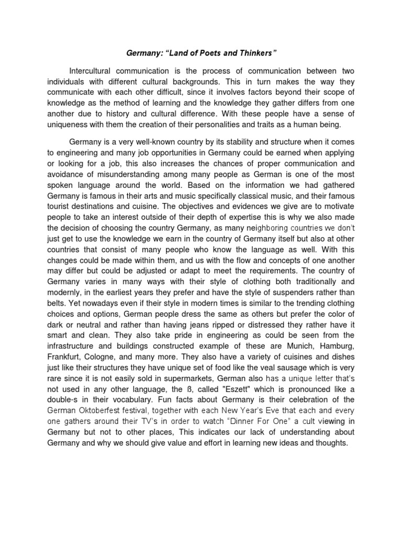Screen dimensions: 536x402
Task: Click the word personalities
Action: (x=232, y=124)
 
